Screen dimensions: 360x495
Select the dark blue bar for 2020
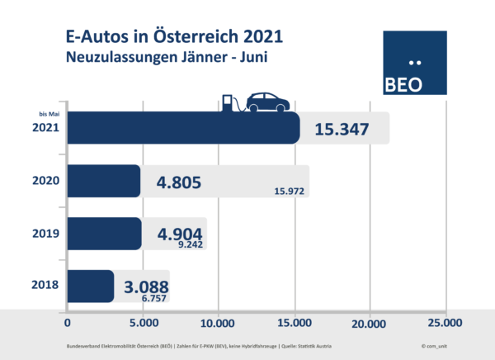pos(103,181)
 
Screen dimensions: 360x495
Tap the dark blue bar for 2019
pos(104,234)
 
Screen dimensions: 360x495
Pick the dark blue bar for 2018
pos(90,286)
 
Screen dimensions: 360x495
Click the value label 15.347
pos(341,129)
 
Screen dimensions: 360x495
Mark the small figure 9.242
pos(189,244)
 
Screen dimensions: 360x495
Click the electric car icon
pos(263,102)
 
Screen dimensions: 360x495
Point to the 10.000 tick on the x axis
pos(218,323)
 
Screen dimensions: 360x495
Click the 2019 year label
pos(45,234)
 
